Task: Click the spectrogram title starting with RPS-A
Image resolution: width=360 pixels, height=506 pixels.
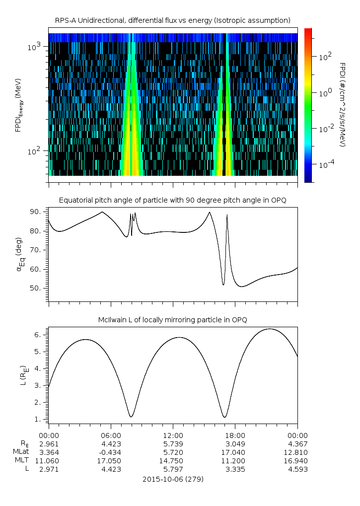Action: coord(173,20)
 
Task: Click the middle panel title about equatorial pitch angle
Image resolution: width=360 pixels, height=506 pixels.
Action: coord(173,200)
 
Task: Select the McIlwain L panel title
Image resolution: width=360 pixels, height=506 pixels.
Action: coord(173,320)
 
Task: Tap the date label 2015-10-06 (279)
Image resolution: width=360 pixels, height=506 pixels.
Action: coord(173,479)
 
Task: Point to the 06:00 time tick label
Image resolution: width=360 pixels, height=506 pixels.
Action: coord(111,434)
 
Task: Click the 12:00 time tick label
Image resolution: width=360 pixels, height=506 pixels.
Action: coord(173,434)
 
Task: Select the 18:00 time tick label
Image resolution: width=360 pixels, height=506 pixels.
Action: coord(235,434)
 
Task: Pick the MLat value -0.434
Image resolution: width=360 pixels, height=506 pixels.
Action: coord(111,452)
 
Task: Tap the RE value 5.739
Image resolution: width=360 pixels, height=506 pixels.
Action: coord(173,443)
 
